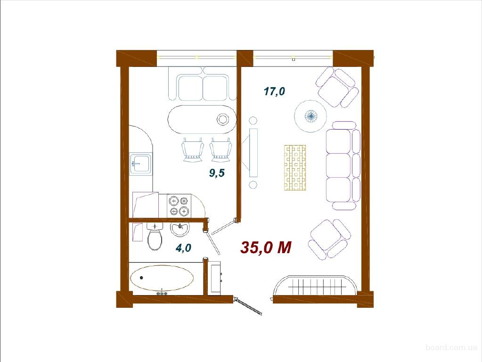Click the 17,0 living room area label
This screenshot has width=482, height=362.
pyautogui.click(x=274, y=91)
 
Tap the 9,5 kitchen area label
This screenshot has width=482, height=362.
pyautogui.click(x=217, y=173)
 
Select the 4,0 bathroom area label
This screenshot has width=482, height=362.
pyautogui.click(x=183, y=247)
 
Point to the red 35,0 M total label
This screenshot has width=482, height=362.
pyautogui.click(x=266, y=247)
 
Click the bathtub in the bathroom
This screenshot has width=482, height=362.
pyautogui.click(x=162, y=278)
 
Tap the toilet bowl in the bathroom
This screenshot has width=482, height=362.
pyautogui.click(x=155, y=237)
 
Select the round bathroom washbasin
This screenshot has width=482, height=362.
pyautogui.click(x=180, y=230)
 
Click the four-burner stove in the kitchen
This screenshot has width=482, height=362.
pyautogui.click(x=179, y=206)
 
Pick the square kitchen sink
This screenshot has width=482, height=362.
pyautogui.click(x=140, y=164)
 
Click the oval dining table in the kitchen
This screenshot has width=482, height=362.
pyautogui.click(x=202, y=120)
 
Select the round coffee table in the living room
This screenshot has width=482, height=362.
pyautogui.click(x=310, y=115)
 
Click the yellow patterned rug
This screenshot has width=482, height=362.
pyautogui.click(x=295, y=168)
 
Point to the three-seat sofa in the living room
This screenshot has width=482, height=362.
pyautogui.click(x=343, y=165)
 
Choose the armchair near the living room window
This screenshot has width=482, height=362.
pyautogui.click(x=337, y=87)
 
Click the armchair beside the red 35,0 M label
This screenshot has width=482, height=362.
pyautogui.click(x=329, y=239)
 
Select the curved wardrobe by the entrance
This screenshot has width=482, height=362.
pyautogui.click(x=315, y=286)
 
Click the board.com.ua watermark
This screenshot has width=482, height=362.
pyautogui.click(x=451, y=347)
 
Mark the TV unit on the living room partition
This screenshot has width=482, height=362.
pyautogui.click(x=252, y=153)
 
